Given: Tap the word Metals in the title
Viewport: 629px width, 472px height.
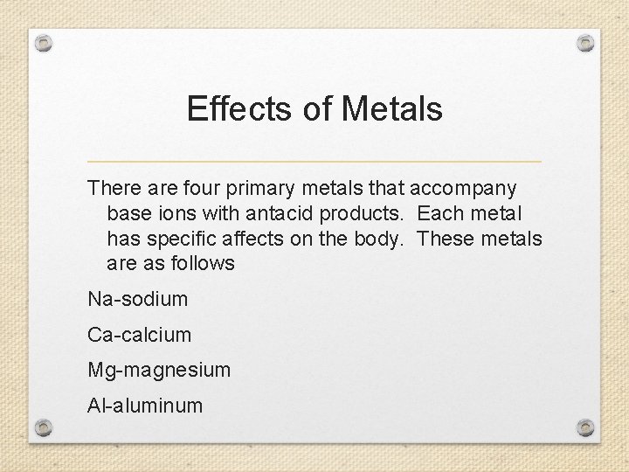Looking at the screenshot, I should [x=392, y=109].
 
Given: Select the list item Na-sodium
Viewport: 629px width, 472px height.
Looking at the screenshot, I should [x=138, y=299].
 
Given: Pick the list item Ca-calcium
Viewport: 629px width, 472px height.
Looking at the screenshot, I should [x=140, y=335].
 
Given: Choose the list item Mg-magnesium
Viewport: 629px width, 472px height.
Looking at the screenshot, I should [x=159, y=371].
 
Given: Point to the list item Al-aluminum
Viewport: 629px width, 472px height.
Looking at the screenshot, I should [x=145, y=406].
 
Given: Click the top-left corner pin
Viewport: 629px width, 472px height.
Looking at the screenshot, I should [x=45, y=42].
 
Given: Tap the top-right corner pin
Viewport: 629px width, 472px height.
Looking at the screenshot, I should [x=586, y=42].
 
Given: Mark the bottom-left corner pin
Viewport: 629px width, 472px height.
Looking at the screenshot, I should [x=45, y=427].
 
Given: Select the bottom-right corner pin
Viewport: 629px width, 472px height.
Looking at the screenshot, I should [x=586, y=427].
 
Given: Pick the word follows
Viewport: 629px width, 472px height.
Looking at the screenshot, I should [x=204, y=263].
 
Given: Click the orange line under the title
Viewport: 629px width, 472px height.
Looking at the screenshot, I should [x=314, y=162].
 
